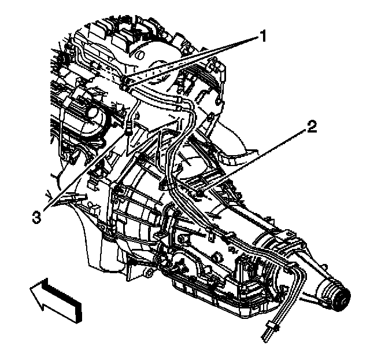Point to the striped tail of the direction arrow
[x=66, y=299]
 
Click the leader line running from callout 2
[x=254, y=159]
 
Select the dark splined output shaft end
[x=340, y=297]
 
